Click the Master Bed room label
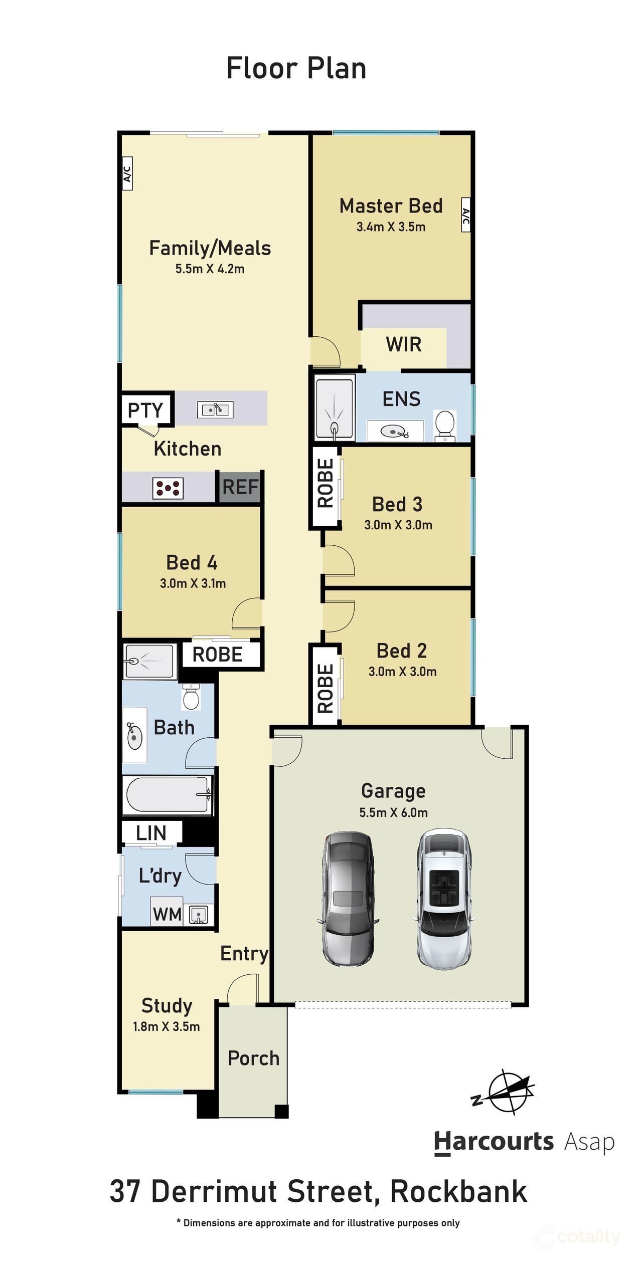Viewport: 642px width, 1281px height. point(391,205)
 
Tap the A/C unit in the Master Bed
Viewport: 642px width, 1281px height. point(466,215)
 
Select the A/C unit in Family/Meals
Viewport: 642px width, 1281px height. point(127,173)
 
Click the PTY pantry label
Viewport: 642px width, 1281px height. point(145,409)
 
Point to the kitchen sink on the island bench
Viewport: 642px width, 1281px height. point(215,409)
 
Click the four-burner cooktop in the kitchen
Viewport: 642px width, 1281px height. point(168,488)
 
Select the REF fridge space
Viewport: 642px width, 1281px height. point(240,487)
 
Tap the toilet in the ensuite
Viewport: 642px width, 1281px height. point(444,425)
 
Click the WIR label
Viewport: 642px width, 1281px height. point(403,344)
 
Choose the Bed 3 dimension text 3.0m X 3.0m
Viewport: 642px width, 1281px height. point(398,525)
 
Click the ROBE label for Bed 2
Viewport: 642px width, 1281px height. point(325,688)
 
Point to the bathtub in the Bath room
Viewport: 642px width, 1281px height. point(168,794)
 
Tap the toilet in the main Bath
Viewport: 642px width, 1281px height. point(191,696)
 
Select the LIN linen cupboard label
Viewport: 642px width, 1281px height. point(151,832)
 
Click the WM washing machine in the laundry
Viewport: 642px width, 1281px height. point(167,914)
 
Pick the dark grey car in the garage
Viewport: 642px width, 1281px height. point(348,899)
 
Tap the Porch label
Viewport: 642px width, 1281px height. point(253,1057)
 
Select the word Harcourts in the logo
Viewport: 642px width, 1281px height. point(494,1142)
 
